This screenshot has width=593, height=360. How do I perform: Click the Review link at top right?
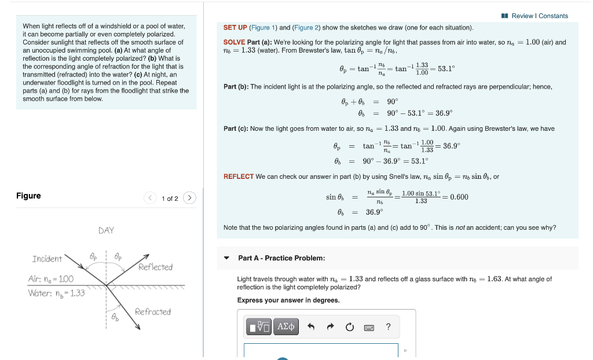[x=522, y=16]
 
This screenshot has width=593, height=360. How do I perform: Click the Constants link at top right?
[x=553, y=16]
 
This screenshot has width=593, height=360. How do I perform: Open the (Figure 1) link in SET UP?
[x=261, y=28]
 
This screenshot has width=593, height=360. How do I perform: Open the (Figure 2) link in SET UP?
[x=306, y=28]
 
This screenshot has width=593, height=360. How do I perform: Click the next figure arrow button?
[x=190, y=199]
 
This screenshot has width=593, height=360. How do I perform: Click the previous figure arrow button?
[x=150, y=199]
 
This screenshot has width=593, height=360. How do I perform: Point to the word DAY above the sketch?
[x=106, y=230]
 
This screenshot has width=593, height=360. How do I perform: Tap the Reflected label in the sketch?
[x=155, y=267]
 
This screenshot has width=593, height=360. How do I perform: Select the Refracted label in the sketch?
[x=153, y=312]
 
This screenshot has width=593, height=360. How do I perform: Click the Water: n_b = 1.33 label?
[x=56, y=293]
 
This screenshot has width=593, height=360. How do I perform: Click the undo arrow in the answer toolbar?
[x=311, y=327]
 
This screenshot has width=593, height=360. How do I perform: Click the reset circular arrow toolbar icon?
[x=349, y=327]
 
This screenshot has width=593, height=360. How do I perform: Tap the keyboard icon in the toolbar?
[x=369, y=327]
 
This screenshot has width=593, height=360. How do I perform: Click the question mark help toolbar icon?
[x=388, y=327]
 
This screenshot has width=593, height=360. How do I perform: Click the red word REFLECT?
[x=238, y=177]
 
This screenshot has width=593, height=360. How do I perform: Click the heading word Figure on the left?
[x=28, y=196]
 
